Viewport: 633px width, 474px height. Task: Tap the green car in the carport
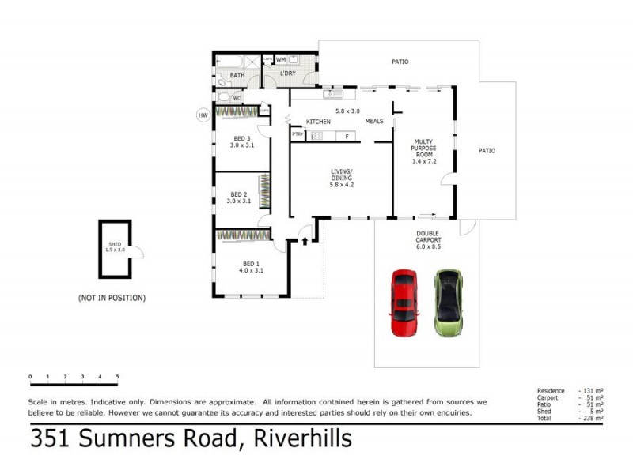click(448, 303)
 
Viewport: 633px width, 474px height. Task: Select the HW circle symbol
click(203, 115)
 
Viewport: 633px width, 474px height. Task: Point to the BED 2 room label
click(240, 197)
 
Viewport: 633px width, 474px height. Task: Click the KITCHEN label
click(318, 122)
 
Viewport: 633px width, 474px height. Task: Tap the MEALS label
click(373, 122)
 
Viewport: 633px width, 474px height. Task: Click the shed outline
click(115, 249)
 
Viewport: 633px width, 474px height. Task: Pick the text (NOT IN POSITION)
click(112, 298)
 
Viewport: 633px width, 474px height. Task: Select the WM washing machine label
click(281, 60)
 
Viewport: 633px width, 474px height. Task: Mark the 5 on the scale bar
click(117, 376)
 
